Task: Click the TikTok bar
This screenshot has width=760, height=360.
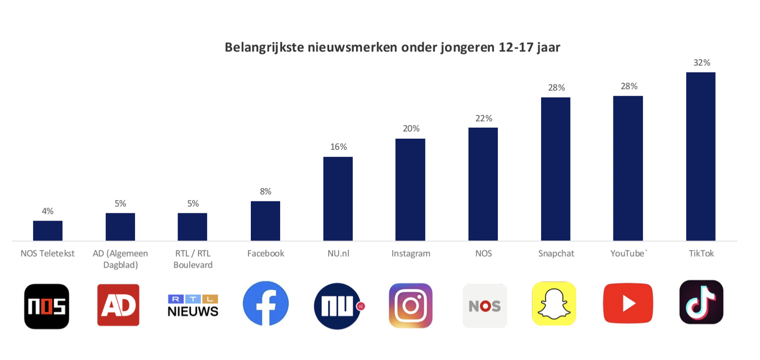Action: pyautogui.click(x=700, y=156)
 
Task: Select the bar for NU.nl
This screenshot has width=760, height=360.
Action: pyautogui.click(x=338, y=198)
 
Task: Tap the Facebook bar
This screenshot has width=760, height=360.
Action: pyautogui.click(x=265, y=221)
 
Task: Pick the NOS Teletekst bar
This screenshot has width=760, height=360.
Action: pyautogui.click(x=48, y=230)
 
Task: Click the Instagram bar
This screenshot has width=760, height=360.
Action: pyautogui.click(x=410, y=190)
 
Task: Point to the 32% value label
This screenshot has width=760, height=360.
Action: pyautogui.click(x=701, y=63)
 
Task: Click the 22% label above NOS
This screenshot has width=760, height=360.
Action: pyautogui.click(x=483, y=118)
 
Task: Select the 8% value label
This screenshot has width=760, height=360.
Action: pyautogui.click(x=265, y=191)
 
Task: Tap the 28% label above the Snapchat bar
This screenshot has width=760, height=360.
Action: pyautogui.click(x=556, y=88)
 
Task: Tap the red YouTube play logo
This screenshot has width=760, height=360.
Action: pyautogui.click(x=628, y=303)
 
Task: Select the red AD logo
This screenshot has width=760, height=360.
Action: pyautogui.click(x=118, y=305)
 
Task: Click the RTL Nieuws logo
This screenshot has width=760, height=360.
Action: pyautogui.click(x=193, y=305)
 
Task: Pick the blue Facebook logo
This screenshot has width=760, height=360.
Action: pyautogui.click(x=265, y=304)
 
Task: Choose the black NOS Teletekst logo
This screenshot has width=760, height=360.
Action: pyautogui.click(x=47, y=306)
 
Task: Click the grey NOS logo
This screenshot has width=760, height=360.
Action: pyautogui.click(x=484, y=306)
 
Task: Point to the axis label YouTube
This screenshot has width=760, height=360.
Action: pyautogui.click(x=628, y=253)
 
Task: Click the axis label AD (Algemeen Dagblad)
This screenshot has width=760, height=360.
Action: pyautogui.click(x=120, y=259)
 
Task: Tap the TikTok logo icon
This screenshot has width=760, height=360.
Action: pyautogui.click(x=701, y=302)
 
